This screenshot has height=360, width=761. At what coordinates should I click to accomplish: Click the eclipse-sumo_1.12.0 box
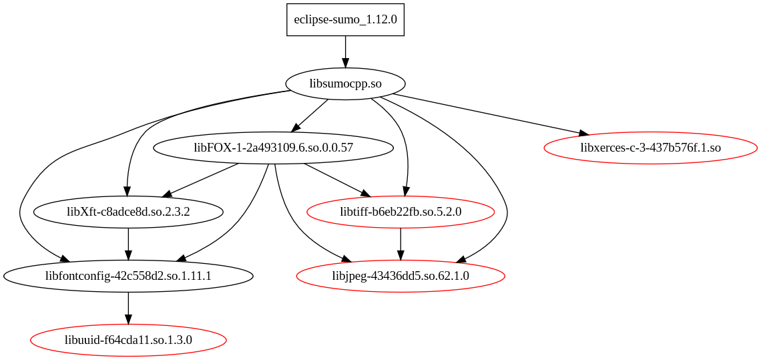coord(345,19)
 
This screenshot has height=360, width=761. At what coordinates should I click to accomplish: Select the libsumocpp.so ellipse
coord(345,83)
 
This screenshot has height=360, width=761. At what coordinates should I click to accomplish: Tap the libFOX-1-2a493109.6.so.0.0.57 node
coord(273,148)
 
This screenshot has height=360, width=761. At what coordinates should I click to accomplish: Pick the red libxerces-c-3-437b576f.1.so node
coord(650,148)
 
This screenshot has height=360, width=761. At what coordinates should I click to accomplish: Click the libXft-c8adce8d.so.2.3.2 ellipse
coord(128,212)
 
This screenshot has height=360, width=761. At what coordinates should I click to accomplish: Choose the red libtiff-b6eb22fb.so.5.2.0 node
coord(401,212)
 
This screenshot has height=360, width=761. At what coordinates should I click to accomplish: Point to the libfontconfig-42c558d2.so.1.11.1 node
coord(128,276)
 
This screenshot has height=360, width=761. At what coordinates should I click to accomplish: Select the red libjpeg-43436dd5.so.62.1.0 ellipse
coord(401,276)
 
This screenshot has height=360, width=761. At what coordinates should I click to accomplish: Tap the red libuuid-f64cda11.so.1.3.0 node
coord(128,340)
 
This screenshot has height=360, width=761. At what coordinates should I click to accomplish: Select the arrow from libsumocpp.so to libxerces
coord(487,114)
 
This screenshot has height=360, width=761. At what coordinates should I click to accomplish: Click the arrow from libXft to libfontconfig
coord(128,242)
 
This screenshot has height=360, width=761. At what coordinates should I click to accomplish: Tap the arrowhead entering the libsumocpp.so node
coord(345,63)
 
